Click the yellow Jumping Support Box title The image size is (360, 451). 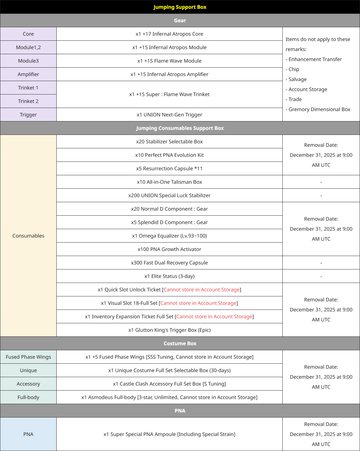coord(180,7)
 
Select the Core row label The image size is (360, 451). coord(28,34)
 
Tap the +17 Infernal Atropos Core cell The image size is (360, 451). coord(169,34)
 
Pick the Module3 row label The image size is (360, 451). coord(28,61)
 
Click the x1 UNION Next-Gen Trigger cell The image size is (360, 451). coord(169,115)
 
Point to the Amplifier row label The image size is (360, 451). coord(28,74)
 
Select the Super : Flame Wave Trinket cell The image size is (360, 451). coord(169,94)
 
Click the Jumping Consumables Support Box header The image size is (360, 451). coord(180,128)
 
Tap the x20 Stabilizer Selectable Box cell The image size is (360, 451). coord(169,141)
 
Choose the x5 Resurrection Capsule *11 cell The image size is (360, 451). coord(169,168)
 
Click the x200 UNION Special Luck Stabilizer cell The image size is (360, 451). coord(169,195)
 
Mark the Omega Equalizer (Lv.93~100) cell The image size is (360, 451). coord(169,236)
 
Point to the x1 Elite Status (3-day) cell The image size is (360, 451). coord(169,276)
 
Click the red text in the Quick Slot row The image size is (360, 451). coord(202,290)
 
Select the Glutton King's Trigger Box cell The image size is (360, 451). coord(169,330)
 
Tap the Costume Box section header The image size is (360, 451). coord(180,343)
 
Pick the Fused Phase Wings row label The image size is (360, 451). coord(28,357)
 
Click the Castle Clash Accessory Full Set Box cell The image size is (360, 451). coord(169,384)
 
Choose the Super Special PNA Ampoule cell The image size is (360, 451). coord(169,434)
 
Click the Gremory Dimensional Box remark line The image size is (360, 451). coord(319,109)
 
